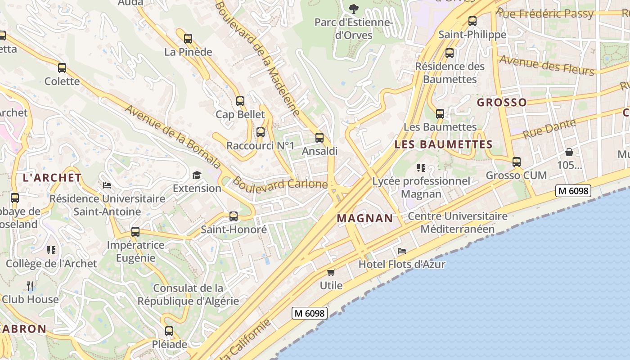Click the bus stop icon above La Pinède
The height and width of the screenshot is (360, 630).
click(x=188, y=39)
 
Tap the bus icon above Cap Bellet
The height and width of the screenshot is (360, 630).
click(x=240, y=101)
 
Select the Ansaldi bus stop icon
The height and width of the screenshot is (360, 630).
click(x=319, y=138)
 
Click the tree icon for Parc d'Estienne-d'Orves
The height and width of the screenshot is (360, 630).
click(x=354, y=9)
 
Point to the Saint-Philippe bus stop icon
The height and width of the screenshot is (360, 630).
click(x=472, y=21)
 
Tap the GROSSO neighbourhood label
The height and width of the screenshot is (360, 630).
click(x=502, y=103)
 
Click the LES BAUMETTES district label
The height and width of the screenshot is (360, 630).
click(x=443, y=144)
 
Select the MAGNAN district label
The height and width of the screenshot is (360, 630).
click(x=365, y=219)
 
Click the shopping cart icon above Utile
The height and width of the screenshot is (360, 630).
click(x=331, y=272)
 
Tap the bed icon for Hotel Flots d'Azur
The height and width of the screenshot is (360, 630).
click(x=402, y=251)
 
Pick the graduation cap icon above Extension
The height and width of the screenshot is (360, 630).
click(x=197, y=175)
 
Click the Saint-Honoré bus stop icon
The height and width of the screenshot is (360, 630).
click(x=234, y=216)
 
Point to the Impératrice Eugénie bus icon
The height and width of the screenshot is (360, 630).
click(x=135, y=232)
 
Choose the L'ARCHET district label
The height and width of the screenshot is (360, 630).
click(x=52, y=178)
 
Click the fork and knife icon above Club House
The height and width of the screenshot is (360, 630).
click(x=30, y=286)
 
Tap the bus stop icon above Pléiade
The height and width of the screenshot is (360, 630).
click(x=169, y=331)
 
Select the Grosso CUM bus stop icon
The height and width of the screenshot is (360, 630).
click(x=517, y=162)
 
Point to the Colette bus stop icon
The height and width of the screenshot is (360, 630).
click(x=62, y=68)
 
